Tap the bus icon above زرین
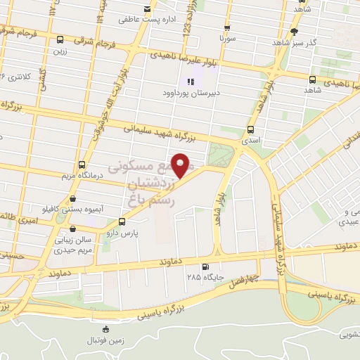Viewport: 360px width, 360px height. (x=60, y=40)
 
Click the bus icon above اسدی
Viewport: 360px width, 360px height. (x=250, y=129)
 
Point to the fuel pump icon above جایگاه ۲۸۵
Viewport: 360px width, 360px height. (x=205, y=266)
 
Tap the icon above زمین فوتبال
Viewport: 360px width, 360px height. (x=105, y=329)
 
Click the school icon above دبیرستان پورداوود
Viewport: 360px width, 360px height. (x=192, y=80)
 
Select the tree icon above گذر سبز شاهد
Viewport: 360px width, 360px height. (x=294, y=32)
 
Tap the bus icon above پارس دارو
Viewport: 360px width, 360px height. (x=122, y=220)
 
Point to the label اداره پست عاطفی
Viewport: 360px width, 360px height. (x=146, y=20)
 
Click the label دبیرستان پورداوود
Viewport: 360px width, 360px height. (x=192, y=93)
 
